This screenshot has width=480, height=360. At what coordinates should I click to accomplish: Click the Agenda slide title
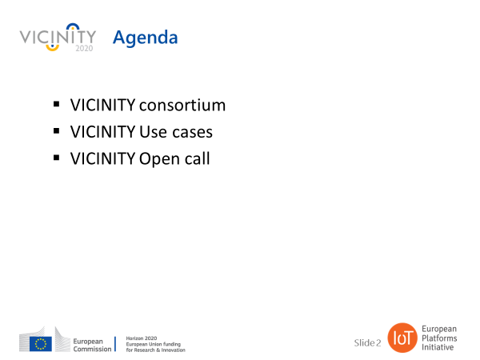pos(145,38)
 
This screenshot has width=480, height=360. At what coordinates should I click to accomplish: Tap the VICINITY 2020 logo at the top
pos(58,38)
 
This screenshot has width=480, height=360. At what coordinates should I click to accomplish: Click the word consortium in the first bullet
pos(182,106)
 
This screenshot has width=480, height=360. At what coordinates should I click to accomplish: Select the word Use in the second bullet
pos(153,132)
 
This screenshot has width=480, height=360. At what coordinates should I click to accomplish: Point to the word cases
pos(192,133)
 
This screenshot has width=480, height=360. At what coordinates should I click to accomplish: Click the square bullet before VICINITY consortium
pos(56,104)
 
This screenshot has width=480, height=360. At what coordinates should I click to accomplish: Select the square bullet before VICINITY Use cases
pos(56,130)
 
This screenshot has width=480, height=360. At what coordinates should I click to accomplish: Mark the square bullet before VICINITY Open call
pos(56,158)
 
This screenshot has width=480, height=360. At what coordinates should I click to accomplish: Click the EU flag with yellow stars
pos(41,343)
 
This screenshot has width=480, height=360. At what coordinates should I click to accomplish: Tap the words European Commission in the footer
pos(92,345)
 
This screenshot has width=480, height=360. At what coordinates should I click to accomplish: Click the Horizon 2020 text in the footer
pos(142,338)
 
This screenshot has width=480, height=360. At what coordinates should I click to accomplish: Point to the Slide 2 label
pos(367,343)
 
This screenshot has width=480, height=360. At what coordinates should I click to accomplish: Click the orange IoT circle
pos(402,338)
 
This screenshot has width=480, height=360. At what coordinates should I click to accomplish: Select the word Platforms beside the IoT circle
pos(439,338)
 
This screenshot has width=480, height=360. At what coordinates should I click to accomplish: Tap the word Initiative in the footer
pos(438,347)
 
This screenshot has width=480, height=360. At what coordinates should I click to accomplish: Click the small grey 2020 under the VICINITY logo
pos(84,48)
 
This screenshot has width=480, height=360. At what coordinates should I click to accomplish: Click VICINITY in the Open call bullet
pos(102,158)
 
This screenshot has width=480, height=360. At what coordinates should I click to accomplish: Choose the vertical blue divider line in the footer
pos(115,344)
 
